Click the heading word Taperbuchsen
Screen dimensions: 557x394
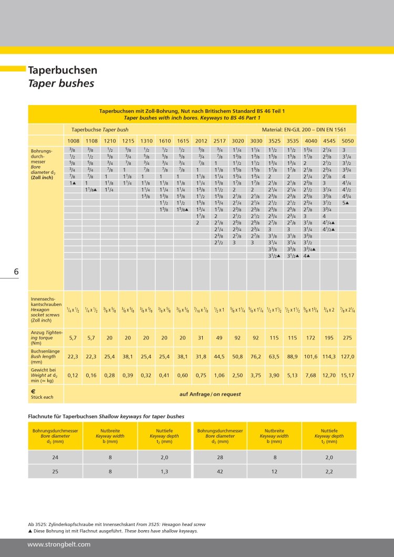click(x=63, y=70)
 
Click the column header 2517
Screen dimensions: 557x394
click(x=219, y=141)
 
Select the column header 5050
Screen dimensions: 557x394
click(x=347, y=141)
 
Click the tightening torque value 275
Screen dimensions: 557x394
click(x=347, y=337)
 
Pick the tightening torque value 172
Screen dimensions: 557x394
click(x=310, y=337)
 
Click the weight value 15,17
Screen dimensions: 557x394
click(x=347, y=375)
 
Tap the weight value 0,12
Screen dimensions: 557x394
click(x=72, y=375)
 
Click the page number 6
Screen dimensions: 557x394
click(x=16, y=272)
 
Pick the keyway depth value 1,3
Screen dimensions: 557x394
click(x=164, y=471)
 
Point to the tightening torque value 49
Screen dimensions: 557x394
click(x=219, y=337)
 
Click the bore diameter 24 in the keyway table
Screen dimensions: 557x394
click(x=55, y=458)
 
